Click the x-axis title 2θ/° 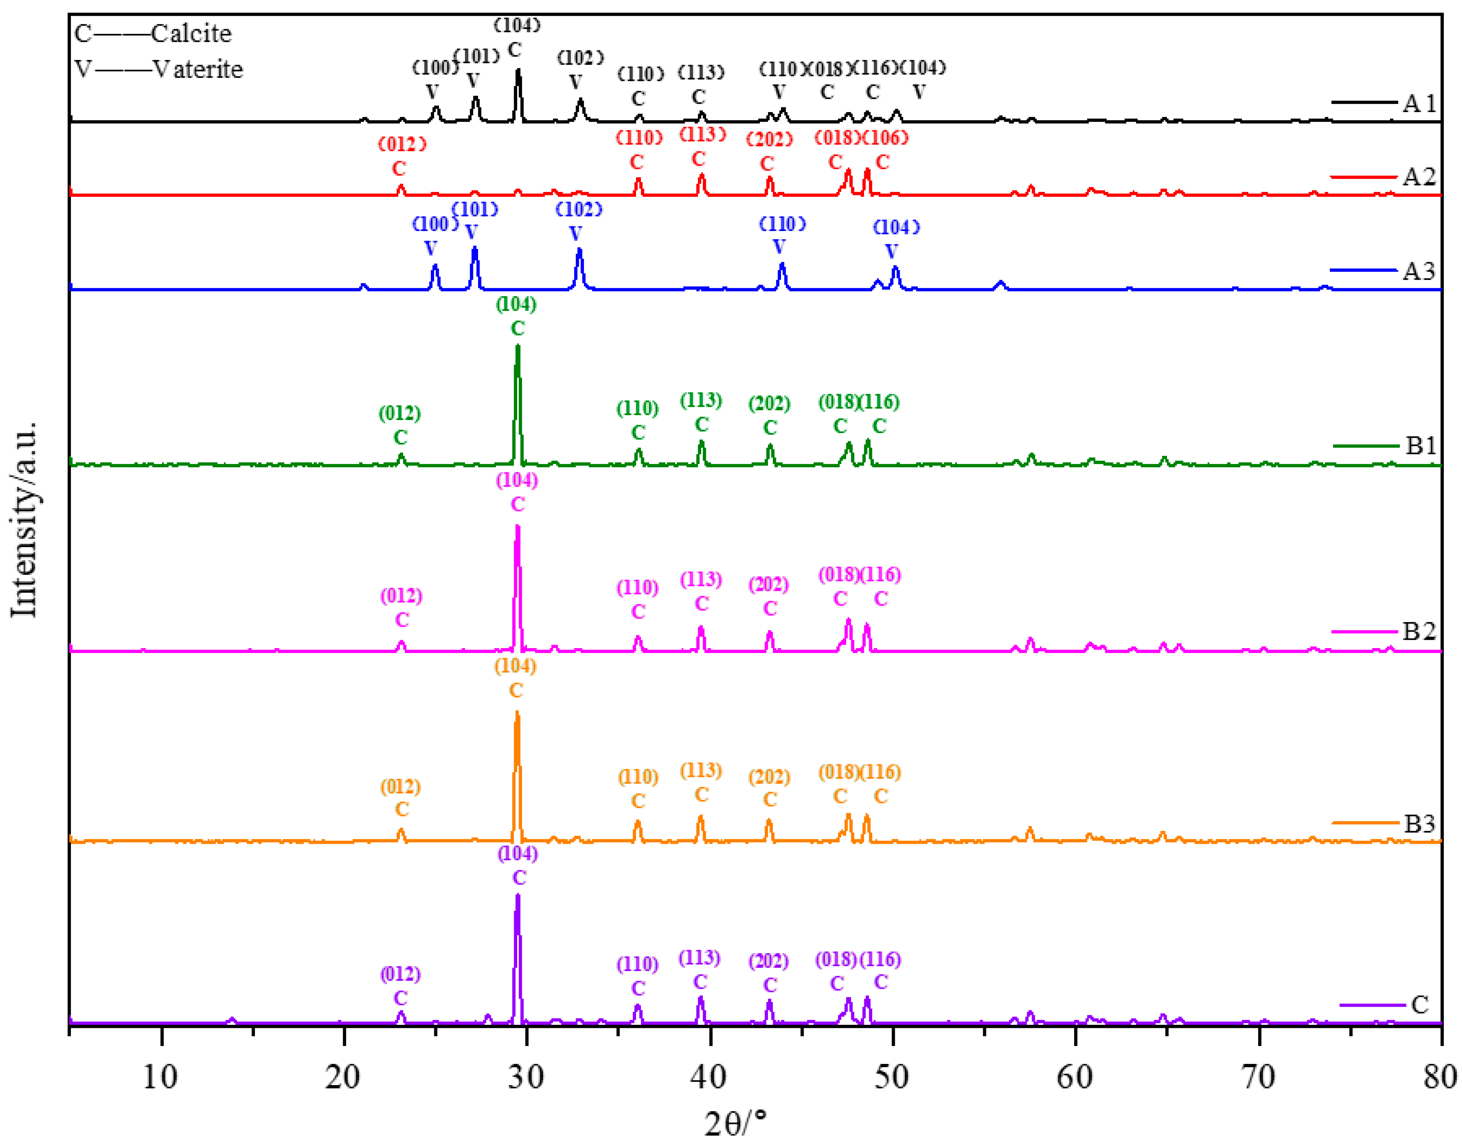(x=735, y=1122)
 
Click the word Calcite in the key (x=192, y=34)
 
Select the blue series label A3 (x=1419, y=271)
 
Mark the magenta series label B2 (x=1419, y=631)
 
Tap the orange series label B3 (x=1419, y=824)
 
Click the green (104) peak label (x=516, y=305)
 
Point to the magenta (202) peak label (x=768, y=585)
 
